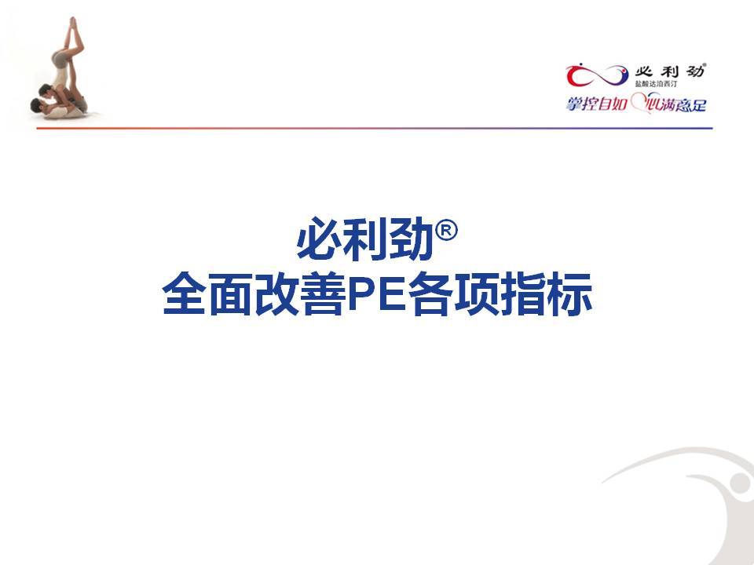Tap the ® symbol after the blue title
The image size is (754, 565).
(x=446, y=231)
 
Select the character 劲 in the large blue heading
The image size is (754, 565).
(x=412, y=239)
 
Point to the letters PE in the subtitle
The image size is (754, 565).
(x=376, y=293)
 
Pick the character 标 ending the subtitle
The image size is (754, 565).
(x=570, y=293)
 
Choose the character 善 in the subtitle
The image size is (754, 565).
(x=324, y=293)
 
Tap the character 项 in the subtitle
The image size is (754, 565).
(x=478, y=293)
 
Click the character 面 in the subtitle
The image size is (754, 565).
(x=231, y=293)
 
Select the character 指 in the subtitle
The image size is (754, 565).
(x=524, y=293)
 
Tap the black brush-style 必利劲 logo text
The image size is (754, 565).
(x=670, y=71)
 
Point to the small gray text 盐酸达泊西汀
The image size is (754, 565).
(x=656, y=84)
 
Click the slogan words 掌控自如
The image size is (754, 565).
(x=596, y=104)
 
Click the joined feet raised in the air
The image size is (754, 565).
(x=73, y=24)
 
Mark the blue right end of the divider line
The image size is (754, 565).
(x=712, y=128)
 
